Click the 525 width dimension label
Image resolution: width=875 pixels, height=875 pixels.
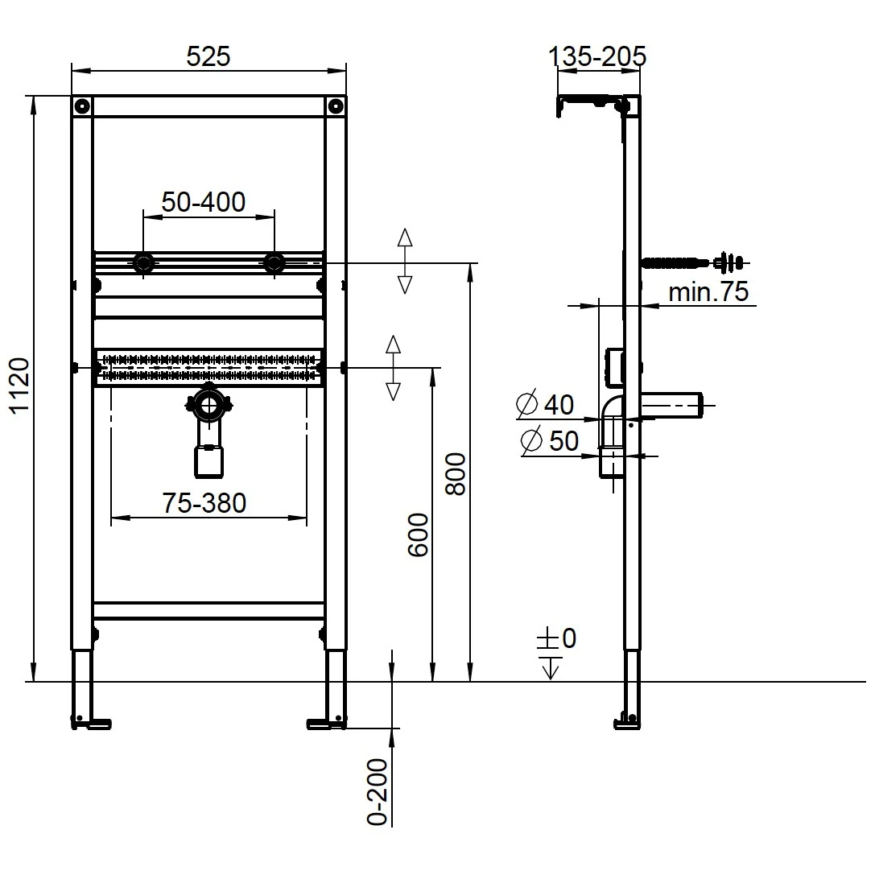(x=208, y=56)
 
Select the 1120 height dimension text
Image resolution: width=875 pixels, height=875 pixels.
(x=20, y=386)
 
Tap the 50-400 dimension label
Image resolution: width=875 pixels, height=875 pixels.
(x=203, y=202)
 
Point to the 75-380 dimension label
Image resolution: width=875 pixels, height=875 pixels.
(x=204, y=503)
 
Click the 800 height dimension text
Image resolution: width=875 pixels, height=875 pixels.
(x=456, y=474)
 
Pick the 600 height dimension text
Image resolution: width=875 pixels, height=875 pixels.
(x=418, y=534)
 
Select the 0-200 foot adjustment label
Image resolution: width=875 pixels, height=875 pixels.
(x=378, y=792)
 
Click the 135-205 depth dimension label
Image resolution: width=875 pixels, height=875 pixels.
(x=597, y=56)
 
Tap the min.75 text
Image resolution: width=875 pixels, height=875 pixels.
(x=708, y=292)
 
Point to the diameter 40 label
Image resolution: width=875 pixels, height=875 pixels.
(x=545, y=404)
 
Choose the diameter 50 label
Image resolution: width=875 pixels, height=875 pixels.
(x=550, y=440)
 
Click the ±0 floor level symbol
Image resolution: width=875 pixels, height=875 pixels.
(x=556, y=638)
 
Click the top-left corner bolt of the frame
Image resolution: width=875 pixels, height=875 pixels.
(x=82, y=106)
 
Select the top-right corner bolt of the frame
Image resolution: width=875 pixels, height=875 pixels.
(x=336, y=106)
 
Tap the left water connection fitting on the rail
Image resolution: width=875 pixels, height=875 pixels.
(x=143, y=263)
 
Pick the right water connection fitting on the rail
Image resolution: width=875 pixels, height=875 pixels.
(x=274, y=263)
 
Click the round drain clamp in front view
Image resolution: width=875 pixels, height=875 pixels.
(x=209, y=405)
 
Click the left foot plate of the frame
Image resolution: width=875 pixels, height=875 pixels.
(x=91, y=724)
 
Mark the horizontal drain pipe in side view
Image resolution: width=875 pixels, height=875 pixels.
(x=672, y=406)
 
